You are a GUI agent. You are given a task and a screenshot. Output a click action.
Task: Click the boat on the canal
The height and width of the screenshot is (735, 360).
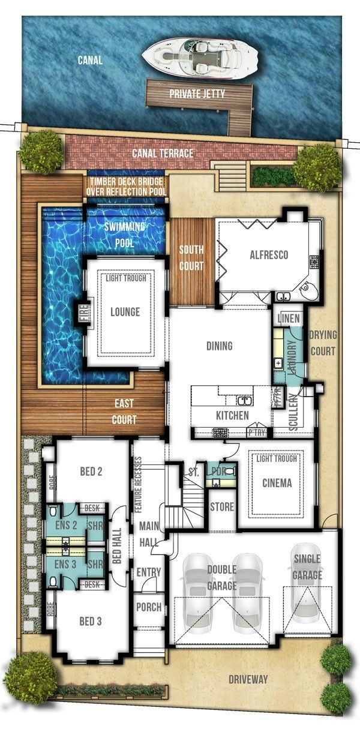pos(200,58)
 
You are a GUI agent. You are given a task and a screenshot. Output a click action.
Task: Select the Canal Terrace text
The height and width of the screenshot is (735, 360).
pos(163,154)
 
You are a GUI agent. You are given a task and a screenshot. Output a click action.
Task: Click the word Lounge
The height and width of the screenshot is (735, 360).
pos(125,312)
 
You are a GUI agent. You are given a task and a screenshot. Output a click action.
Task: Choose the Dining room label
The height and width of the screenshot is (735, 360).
pos(219,346)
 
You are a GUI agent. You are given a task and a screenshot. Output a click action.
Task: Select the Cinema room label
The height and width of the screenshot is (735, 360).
pos(277,483)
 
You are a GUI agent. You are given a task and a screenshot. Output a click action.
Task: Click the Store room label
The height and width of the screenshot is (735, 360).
pos(222,507)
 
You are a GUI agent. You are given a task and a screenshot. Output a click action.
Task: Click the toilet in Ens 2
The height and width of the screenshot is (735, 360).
pos(54,512)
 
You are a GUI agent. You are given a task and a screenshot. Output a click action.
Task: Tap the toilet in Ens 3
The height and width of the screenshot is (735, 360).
pos(54,580)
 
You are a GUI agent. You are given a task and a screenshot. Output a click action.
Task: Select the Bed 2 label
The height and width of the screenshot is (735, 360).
pos(91,472)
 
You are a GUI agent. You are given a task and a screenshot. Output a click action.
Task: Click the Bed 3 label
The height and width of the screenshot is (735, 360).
pos(91,622)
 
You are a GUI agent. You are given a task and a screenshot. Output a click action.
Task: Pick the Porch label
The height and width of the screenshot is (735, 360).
pos(148,607)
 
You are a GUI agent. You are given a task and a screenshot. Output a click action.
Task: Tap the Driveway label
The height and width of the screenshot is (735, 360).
pos(248,680)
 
